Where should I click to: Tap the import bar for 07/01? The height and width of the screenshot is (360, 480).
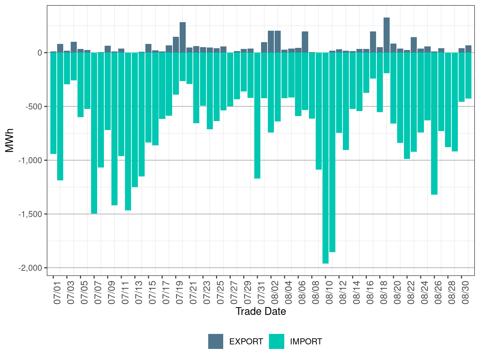click(53, 103)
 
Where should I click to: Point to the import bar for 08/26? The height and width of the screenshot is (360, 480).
click(434, 123)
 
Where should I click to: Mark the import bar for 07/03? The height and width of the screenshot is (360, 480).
click(67, 68)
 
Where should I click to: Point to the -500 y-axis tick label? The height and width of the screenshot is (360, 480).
click(34, 107)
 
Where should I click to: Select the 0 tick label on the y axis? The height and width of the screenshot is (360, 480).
click(40, 53)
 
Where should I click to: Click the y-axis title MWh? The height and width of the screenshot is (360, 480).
click(10, 140)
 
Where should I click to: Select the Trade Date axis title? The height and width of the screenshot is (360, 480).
click(261, 311)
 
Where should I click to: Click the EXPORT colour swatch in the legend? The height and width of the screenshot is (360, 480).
click(216, 341)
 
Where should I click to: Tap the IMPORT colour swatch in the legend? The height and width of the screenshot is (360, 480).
click(276, 341)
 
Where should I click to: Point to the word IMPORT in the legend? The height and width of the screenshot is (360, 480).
click(306, 342)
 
